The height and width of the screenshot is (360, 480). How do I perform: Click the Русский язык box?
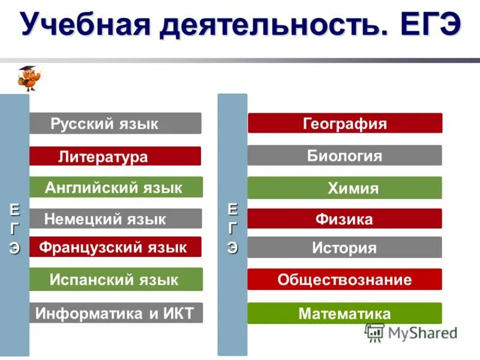(x=115, y=124)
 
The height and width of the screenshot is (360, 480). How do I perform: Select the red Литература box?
(x=115, y=157)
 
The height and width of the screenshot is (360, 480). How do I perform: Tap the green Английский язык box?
(x=116, y=188)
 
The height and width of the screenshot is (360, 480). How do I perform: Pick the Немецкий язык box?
(x=115, y=219)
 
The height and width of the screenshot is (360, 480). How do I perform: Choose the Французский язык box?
(x=115, y=247)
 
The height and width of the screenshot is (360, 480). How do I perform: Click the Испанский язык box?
(x=116, y=280)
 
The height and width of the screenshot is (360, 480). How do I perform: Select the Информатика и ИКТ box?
(x=116, y=313)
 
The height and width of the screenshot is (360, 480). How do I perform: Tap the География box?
(x=345, y=124)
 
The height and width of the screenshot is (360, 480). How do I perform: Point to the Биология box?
(x=345, y=156)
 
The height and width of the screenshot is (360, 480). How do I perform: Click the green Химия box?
(x=345, y=188)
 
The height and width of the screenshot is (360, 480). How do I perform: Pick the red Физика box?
(x=345, y=219)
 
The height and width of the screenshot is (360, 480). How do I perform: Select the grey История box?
(x=345, y=247)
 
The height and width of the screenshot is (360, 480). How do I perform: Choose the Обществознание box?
(x=345, y=280)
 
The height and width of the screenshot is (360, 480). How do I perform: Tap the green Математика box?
(x=345, y=313)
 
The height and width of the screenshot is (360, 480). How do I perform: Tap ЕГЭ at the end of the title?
(x=423, y=26)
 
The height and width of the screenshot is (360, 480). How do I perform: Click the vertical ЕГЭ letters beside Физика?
(x=233, y=228)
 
